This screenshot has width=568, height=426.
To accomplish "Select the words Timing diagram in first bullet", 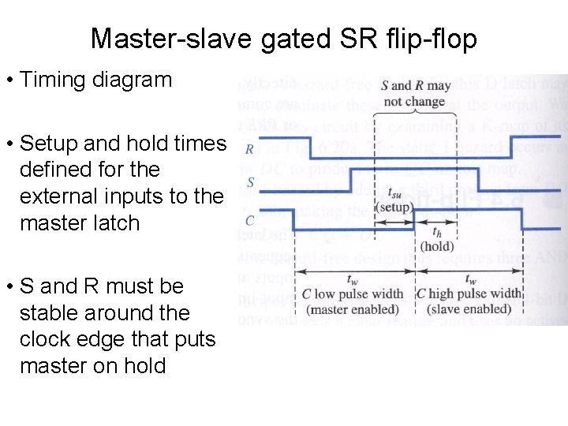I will pyautogui.click(x=95, y=80).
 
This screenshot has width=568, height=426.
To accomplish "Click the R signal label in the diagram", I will pyautogui.click(x=249, y=149).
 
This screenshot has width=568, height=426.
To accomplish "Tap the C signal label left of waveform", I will pyautogui.click(x=249, y=220).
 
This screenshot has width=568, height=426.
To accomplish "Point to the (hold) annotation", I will pyautogui.click(x=436, y=246).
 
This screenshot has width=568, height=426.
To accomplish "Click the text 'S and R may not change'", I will pyautogui.click(x=415, y=93).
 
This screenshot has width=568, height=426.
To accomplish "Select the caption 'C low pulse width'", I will pyautogui.click(x=353, y=294).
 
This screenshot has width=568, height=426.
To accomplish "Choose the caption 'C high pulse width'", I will pyautogui.click(x=469, y=294).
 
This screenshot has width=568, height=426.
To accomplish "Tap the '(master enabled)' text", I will pyautogui.click(x=353, y=309).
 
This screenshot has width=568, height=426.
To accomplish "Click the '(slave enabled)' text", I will pyautogui.click(x=469, y=309).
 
